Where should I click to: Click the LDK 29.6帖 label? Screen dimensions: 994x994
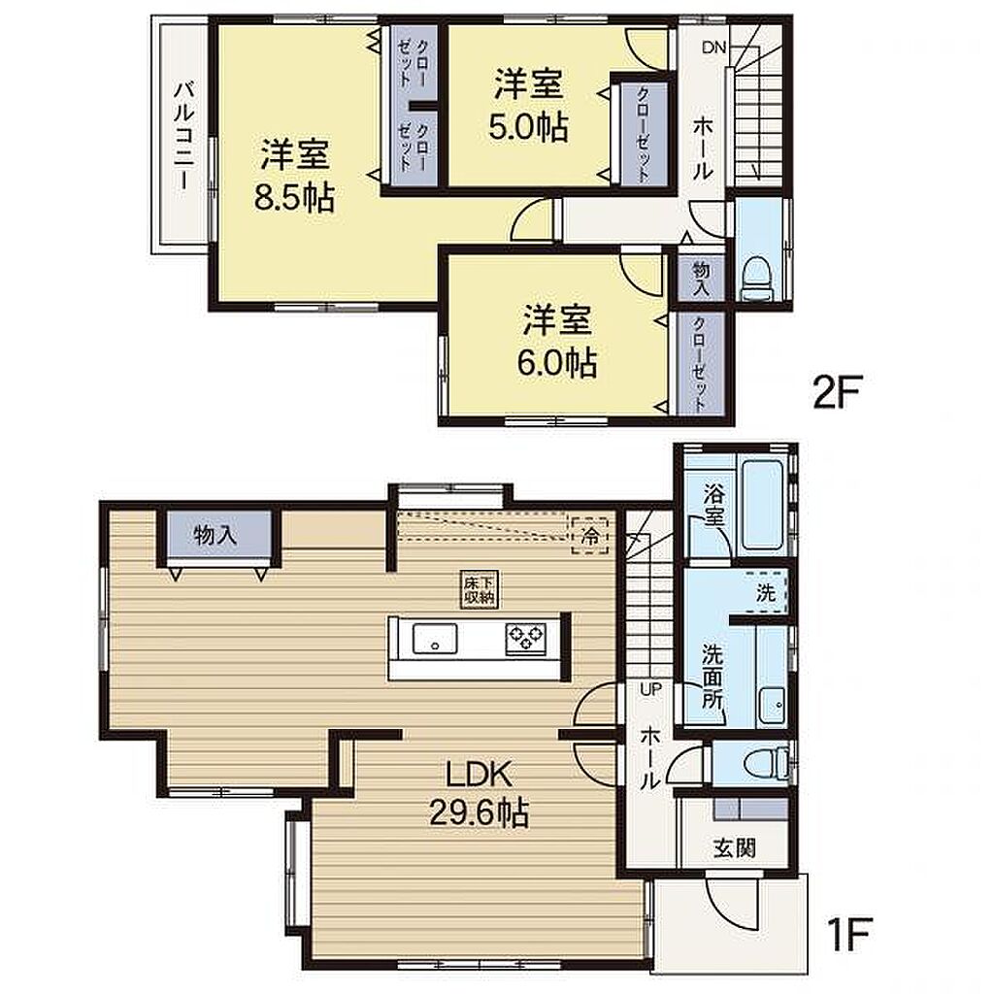pyautogui.click(x=480, y=794)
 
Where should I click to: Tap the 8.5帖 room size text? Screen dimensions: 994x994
pyautogui.click(x=295, y=198)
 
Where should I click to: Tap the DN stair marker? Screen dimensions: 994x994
pyautogui.click(x=714, y=48)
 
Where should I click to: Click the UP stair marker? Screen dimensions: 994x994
pyautogui.click(x=650, y=689)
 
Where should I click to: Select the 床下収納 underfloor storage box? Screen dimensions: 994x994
pyautogui.click(x=480, y=590)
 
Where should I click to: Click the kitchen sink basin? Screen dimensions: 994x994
pyautogui.click(x=435, y=638)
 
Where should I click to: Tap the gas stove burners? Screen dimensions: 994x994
pyautogui.click(x=525, y=639)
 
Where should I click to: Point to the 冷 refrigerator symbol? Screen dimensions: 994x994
pyautogui.click(x=589, y=536)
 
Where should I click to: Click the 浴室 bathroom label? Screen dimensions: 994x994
pyautogui.click(x=712, y=504)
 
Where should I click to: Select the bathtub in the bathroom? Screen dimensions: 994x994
pyautogui.click(x=763, y=504)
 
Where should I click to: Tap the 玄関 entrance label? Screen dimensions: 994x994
pyautogui.click(x=734, y=847)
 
